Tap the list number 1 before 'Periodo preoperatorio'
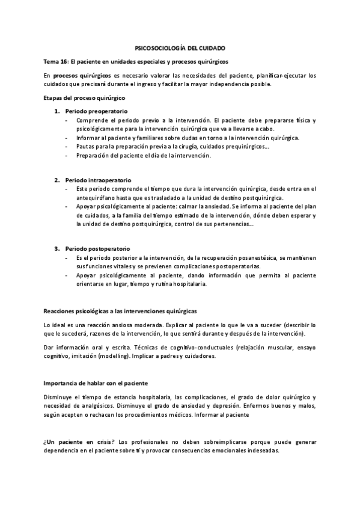pyautogui.click(x=57, y=111)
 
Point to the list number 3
pyautogui.click(x=57, y=248)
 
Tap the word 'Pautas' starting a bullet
pyautogui.click(x=85, y=146)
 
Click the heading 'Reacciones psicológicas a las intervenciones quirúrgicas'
pyautogui.click(x=120, y=311)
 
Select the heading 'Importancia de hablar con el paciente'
pyautogui.click(x=96, y=383)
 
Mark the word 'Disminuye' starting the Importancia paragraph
pyautogui.click(x=58, y=397)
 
